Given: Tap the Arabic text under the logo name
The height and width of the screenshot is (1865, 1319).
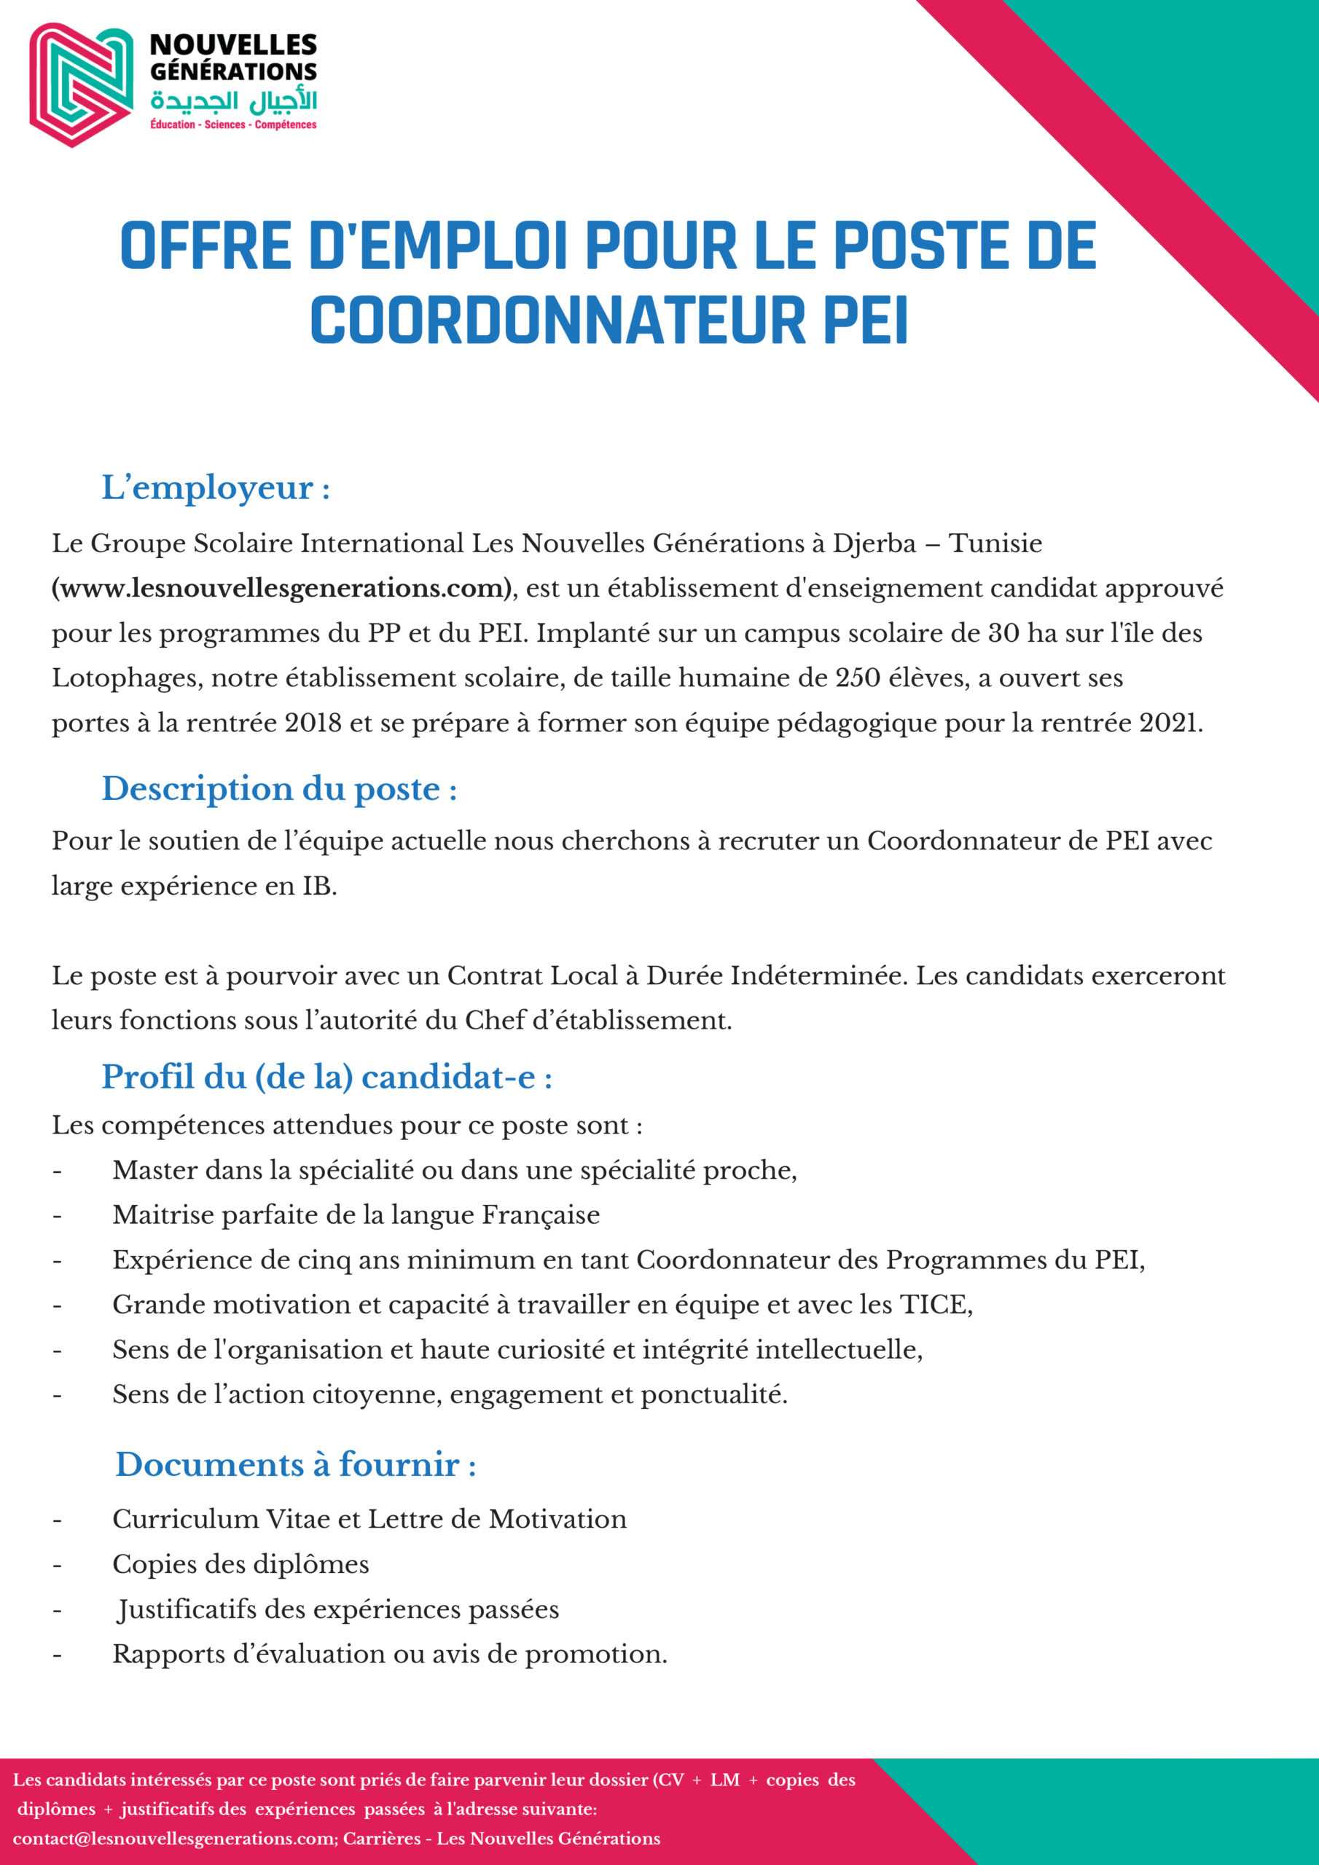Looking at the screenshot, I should pos(233,101).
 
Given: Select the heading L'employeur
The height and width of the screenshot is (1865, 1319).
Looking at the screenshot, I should pos(216,489).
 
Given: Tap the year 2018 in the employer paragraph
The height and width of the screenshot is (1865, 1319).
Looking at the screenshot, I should pos(313,723).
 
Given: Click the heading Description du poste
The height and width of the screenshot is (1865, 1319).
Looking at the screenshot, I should pos(279,790).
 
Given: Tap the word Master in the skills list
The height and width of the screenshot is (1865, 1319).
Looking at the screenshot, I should pos(154,1170).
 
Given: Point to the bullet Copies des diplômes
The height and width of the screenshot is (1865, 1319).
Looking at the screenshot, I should pos(240,1563).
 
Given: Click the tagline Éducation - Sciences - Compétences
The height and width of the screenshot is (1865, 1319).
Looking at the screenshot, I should pos(233,125).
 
